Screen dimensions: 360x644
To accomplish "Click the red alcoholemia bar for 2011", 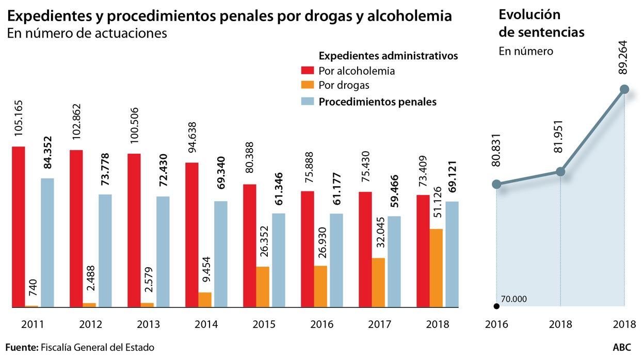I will pyautogui.click(x=18, y=227).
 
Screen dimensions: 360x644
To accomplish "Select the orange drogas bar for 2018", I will pyautogui.click(x=436, y=268).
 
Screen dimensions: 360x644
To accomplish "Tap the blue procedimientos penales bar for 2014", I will pyautogui.click(x=221, y=254).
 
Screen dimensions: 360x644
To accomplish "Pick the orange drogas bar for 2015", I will pyautogui.click(x=263, y=287).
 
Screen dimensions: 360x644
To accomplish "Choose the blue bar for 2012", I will pyautogui.click(x=105, y=251).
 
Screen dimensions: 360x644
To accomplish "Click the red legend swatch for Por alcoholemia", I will pyautogui.click(x=308, y=71).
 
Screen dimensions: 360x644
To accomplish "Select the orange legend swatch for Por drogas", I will pyautogui.click(x=308, y=85).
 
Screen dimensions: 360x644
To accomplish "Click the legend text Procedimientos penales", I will pyautogui.click(x=377, y=102).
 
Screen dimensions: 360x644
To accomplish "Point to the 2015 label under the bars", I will pyautogui.click(x=264, y=325).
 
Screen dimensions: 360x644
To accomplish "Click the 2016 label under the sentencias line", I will pyautogui.click(x=496, y=325).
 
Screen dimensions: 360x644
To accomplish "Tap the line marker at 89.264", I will pyautogui.click(x=624, y=89).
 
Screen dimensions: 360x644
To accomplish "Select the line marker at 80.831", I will pyautogui.click(x=496, y=184).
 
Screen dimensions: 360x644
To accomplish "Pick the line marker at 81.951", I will pyautogui.click(x=560, y=171).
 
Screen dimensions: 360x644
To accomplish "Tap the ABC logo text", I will pyautogui.click(x=622, y=348).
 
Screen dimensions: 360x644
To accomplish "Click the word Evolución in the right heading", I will pyautogui.click(x=529, y=14).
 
